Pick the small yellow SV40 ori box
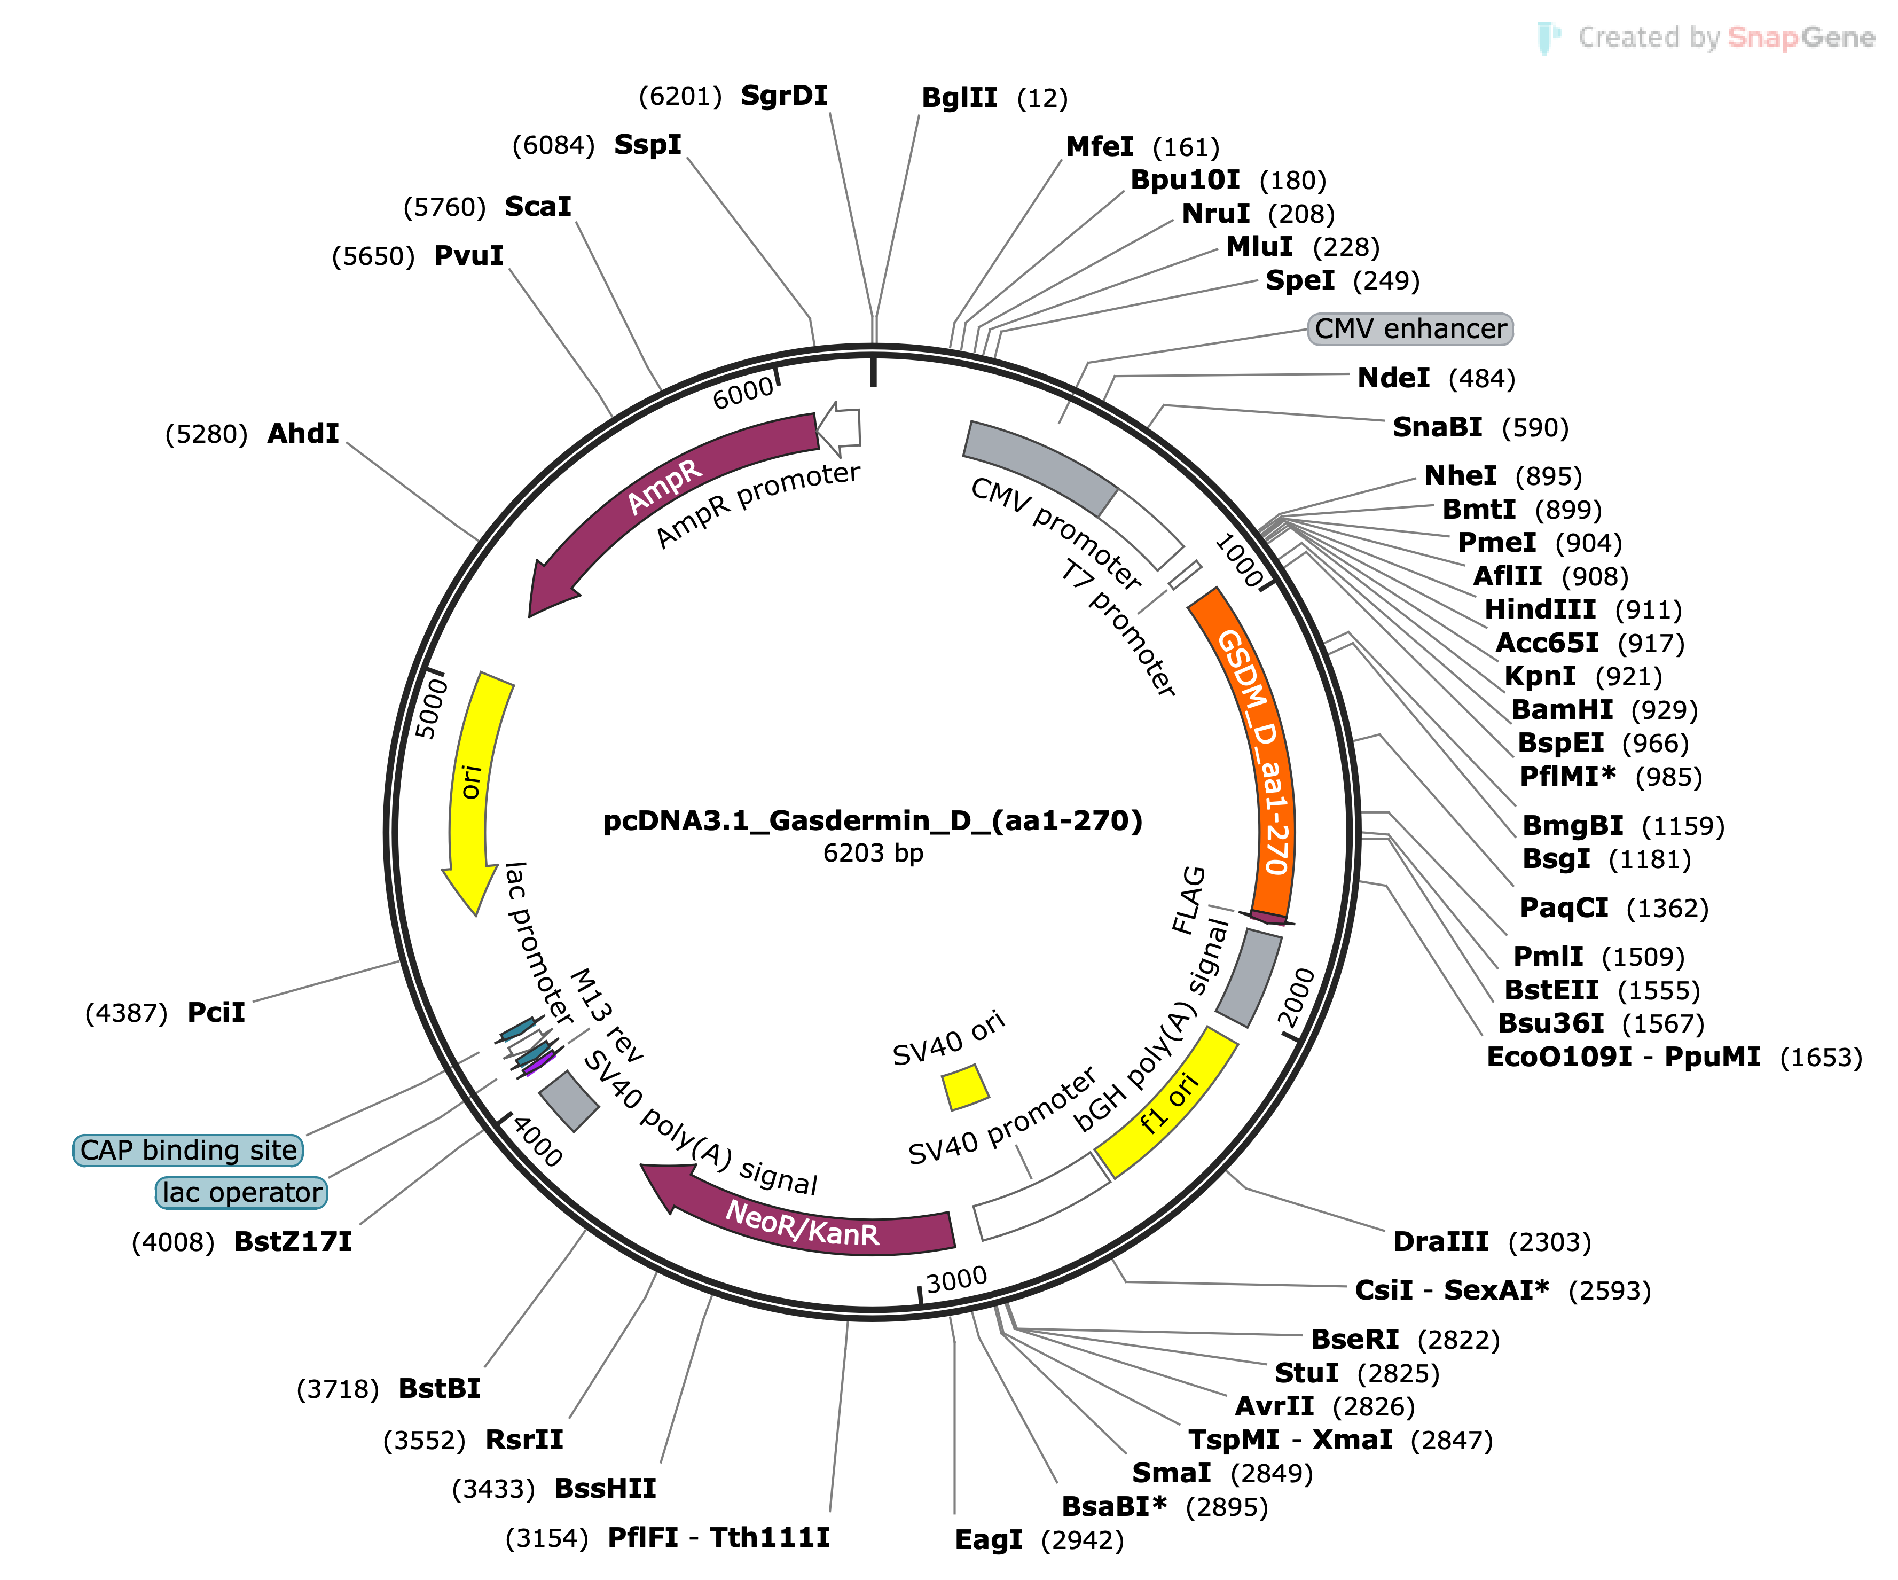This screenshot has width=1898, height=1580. click(x=965, y=1088)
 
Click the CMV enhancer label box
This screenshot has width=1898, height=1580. click(x=1410, y=329)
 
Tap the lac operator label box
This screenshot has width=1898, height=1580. click(x=241, y=1192)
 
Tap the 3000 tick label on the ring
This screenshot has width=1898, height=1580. click(x=957, y=1279)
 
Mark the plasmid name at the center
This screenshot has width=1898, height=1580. click(x=873, y=821)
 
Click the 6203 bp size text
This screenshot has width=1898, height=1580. click(x=873, y=853)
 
